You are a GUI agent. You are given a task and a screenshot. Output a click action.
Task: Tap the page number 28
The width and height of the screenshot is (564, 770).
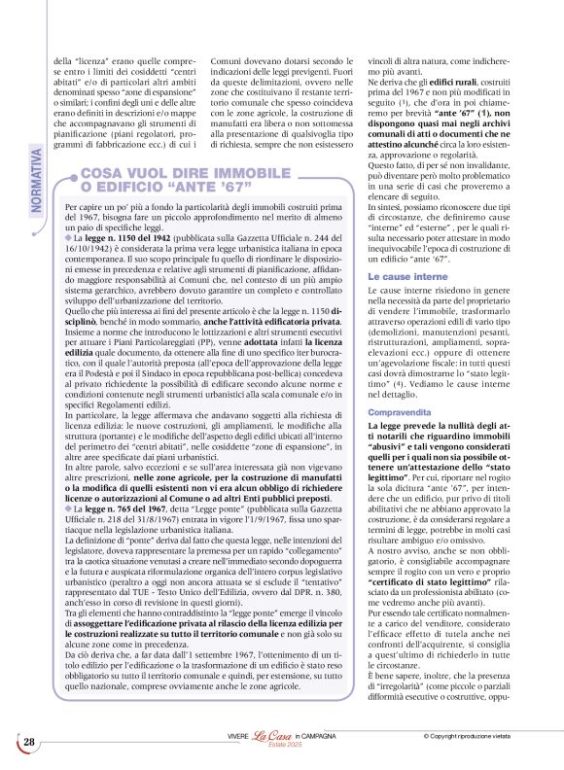29,742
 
